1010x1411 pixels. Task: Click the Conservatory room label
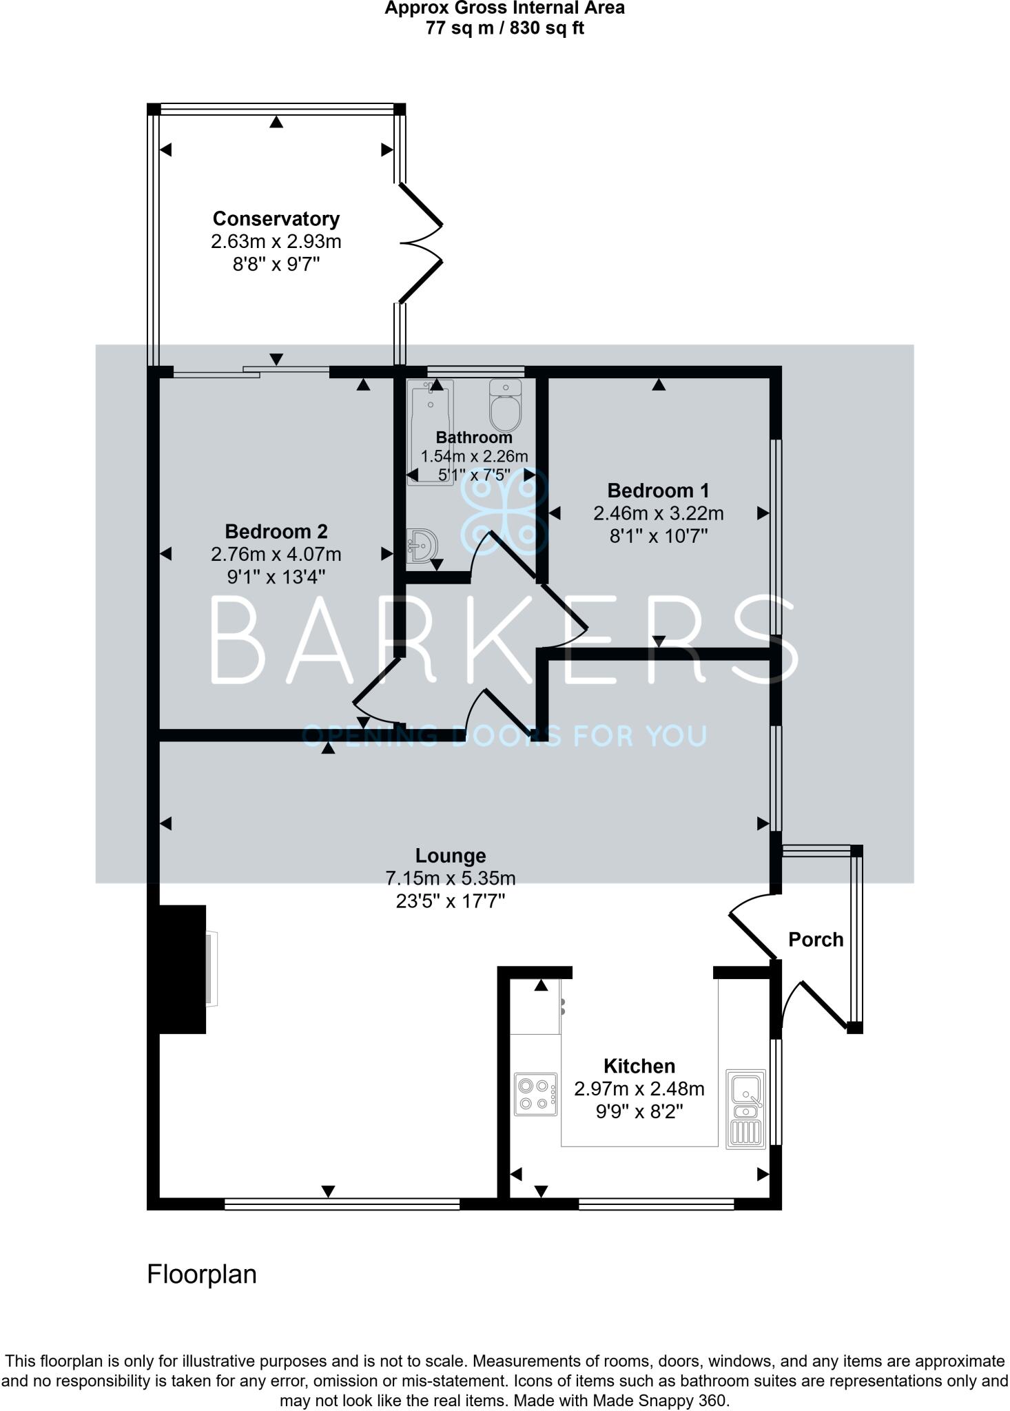pos(276,219)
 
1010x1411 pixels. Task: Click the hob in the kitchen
pos(536,1093)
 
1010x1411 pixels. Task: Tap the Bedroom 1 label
pos(658,491)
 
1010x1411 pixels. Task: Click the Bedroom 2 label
pos(276,531)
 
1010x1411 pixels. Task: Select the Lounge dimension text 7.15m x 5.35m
pos(451,878)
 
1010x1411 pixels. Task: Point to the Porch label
pos(816,940)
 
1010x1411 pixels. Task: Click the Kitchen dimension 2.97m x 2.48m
pos(639,1089)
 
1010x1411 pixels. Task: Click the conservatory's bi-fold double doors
pos(420,243)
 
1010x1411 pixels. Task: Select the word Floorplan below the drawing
pos(202,1275)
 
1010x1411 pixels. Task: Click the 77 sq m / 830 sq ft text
pos(504,29)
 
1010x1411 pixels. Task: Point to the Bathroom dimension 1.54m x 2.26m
pos(474,456)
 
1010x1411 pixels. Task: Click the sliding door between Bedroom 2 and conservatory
pos(251,373)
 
